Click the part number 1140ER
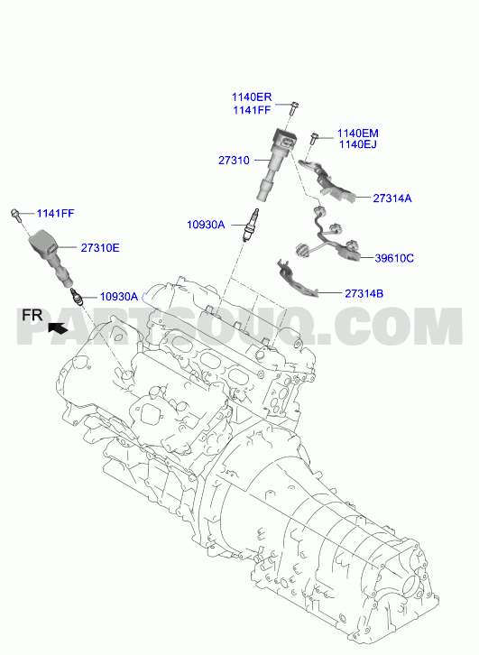tap(252, 97)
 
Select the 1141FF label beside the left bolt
tap(55, 214)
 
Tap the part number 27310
tap(234, 161)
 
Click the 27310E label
tap(100, 248)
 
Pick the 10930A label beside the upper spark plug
tap(206, 226)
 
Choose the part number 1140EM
tap(357, 134)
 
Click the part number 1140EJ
tap(357, 144)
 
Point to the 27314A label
tap(391, 198)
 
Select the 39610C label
tap(394, 259)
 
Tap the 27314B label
tap(364, 293)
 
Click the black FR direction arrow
tap(58, 328)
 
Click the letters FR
tap(32, 315)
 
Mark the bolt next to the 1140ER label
tap(293, 108)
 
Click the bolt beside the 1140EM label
tap(314, 139)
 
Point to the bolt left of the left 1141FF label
tap(16, 215)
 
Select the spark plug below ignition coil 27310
tap(253, 225)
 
